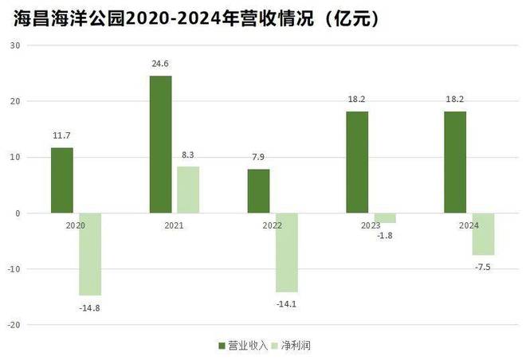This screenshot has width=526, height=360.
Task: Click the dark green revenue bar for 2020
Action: tap(61, 180)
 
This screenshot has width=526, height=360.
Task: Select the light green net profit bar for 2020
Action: tap(89, 254)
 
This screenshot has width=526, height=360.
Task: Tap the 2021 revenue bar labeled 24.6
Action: tap(160, 144)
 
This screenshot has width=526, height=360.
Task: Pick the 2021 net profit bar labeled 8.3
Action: tap(188, 190)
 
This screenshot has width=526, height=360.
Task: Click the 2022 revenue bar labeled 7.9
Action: tap(259, 191)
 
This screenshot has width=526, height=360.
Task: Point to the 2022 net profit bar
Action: tap(287, 252)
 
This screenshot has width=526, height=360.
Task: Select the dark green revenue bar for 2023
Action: tap(358, 162)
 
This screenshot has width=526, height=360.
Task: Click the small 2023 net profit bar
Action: tap(386, 218)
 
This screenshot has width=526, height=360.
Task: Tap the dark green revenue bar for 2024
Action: tap(456, 162)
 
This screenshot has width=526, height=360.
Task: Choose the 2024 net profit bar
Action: tap(484, 234)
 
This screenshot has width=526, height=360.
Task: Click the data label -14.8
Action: tap(88, 305)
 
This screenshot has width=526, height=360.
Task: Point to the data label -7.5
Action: tap(484, 266)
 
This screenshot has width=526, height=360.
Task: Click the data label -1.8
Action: tap(386, 235)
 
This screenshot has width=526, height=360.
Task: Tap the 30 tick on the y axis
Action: tap(15, 45)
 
